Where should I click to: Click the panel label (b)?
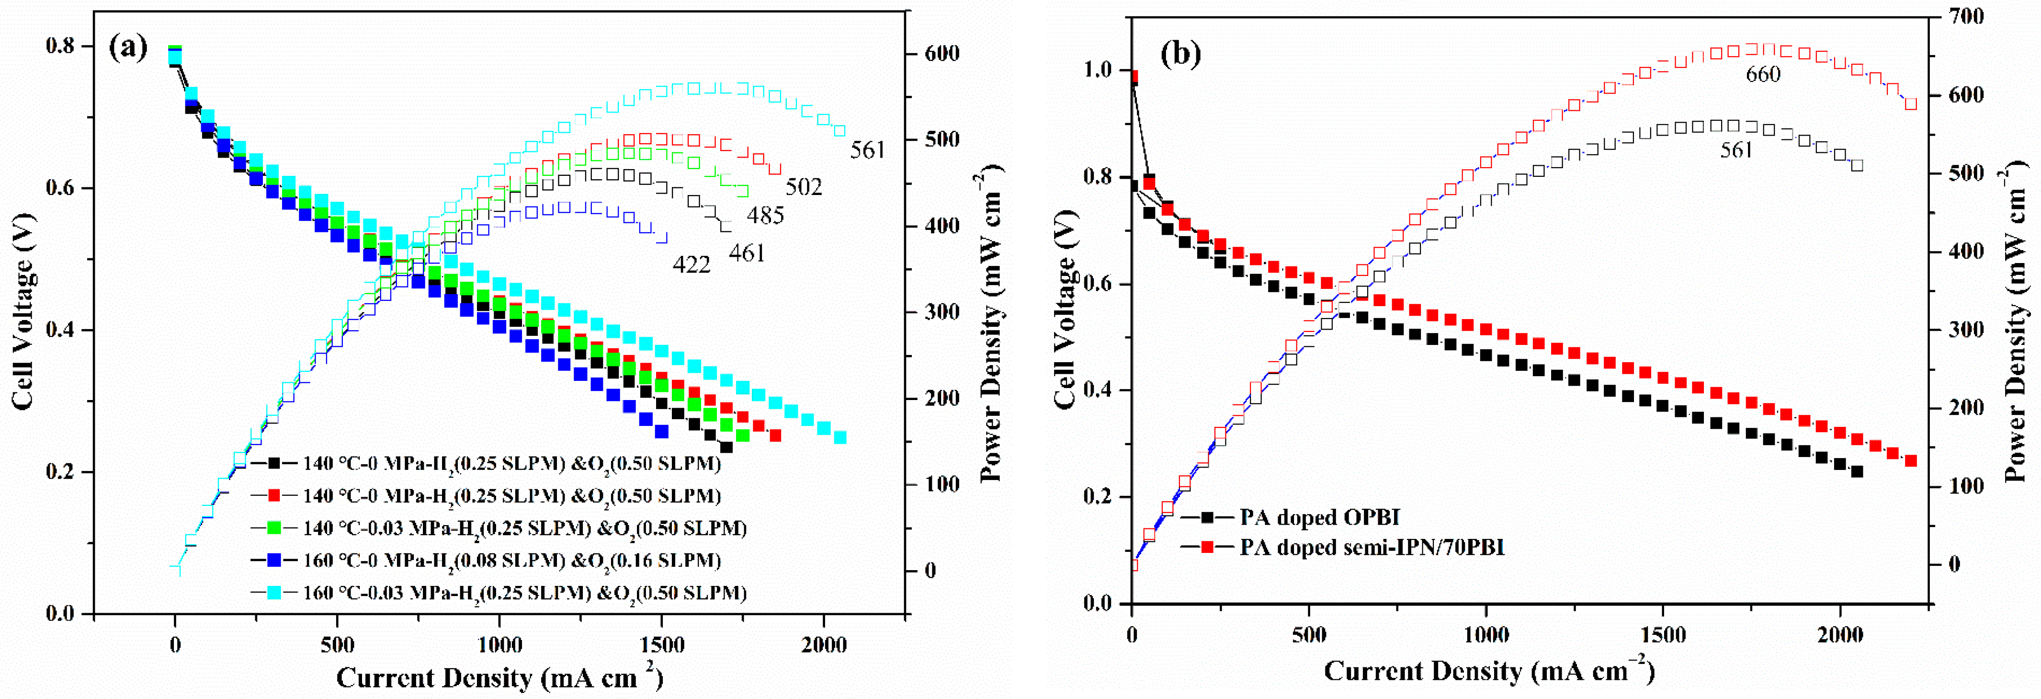pos(1180,53)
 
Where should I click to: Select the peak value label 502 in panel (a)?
pos(804,186)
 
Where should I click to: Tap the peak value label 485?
pos(765,215)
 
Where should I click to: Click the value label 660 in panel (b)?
pos(1762,74)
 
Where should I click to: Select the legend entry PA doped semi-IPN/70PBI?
pos(1371,547)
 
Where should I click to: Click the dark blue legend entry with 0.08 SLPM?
pos(511,561)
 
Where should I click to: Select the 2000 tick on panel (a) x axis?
pos(824,645)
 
